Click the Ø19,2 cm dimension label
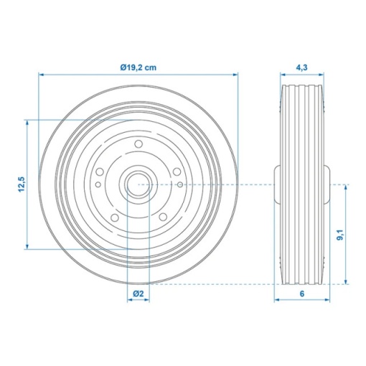[x=139, y=67]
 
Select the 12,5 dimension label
[x=22, y=184]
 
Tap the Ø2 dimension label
[x=139, y=294]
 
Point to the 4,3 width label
[x=301, y=67]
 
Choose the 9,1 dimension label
[x=340, y=235]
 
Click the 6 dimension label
[x=302, y=294]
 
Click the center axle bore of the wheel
[x=139, y=184]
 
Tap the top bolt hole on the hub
[x=139, y=144]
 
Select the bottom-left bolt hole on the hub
[x=115, y=217]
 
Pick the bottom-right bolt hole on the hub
[x=163, y=217]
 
